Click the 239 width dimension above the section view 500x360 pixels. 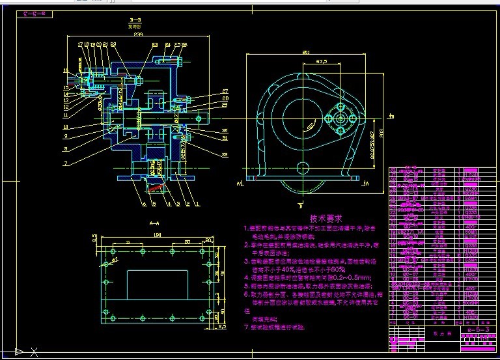click(137, 35)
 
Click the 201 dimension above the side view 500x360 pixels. click(305, 53)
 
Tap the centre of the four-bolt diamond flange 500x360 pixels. click(340, 120)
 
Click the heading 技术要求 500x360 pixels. click(326, 219)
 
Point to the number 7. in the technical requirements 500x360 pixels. click(246, 327)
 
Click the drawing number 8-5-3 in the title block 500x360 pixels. click(478, 332)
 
